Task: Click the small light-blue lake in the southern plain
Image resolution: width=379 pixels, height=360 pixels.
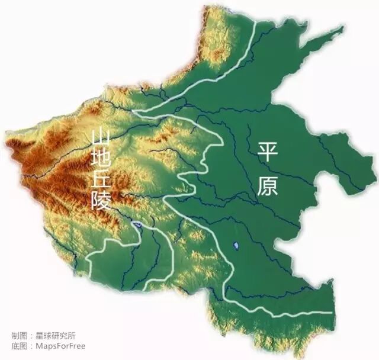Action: click(236, 244)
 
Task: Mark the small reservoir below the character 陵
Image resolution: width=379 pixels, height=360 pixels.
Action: click(137, 225)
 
